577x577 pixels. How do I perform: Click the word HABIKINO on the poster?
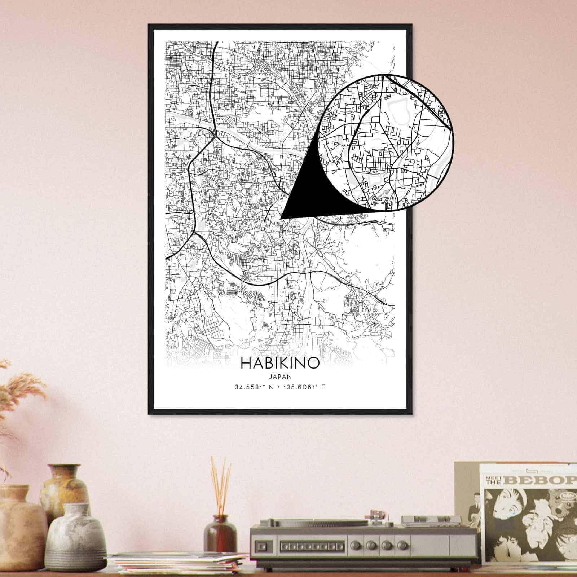pos(280,363)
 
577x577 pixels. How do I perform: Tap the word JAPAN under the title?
pos(280,376)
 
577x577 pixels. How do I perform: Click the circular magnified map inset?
pos(388,142)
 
